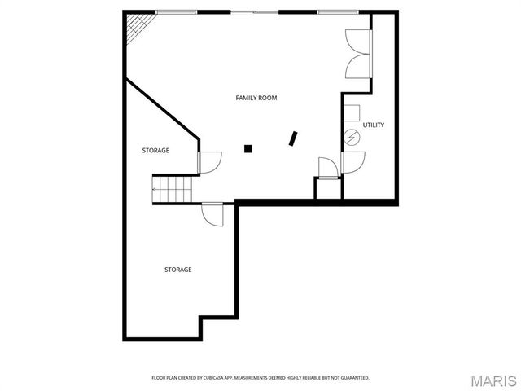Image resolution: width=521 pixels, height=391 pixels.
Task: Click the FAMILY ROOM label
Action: coord(256,98)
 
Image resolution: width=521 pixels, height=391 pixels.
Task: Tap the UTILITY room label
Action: coord(374,125)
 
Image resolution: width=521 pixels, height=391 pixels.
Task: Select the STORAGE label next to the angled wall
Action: coord(155,151)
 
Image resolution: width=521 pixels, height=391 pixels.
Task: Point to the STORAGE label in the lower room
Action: coord(177,270)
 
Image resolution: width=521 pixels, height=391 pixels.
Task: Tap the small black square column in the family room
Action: coord(248,148)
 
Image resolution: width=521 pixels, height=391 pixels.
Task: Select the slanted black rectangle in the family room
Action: coord(293,138)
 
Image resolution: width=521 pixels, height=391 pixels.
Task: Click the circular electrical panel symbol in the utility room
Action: coord(352,138)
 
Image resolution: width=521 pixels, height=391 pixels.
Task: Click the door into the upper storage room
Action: coord(208,162)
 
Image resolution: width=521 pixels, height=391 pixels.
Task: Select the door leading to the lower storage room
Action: coord(213,214)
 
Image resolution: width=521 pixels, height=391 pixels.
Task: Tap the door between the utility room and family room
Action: coord(352,162)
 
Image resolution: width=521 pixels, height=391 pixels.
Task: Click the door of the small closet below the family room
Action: coord(327,168)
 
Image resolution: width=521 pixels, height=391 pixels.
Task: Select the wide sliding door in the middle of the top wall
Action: coord(256,11)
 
